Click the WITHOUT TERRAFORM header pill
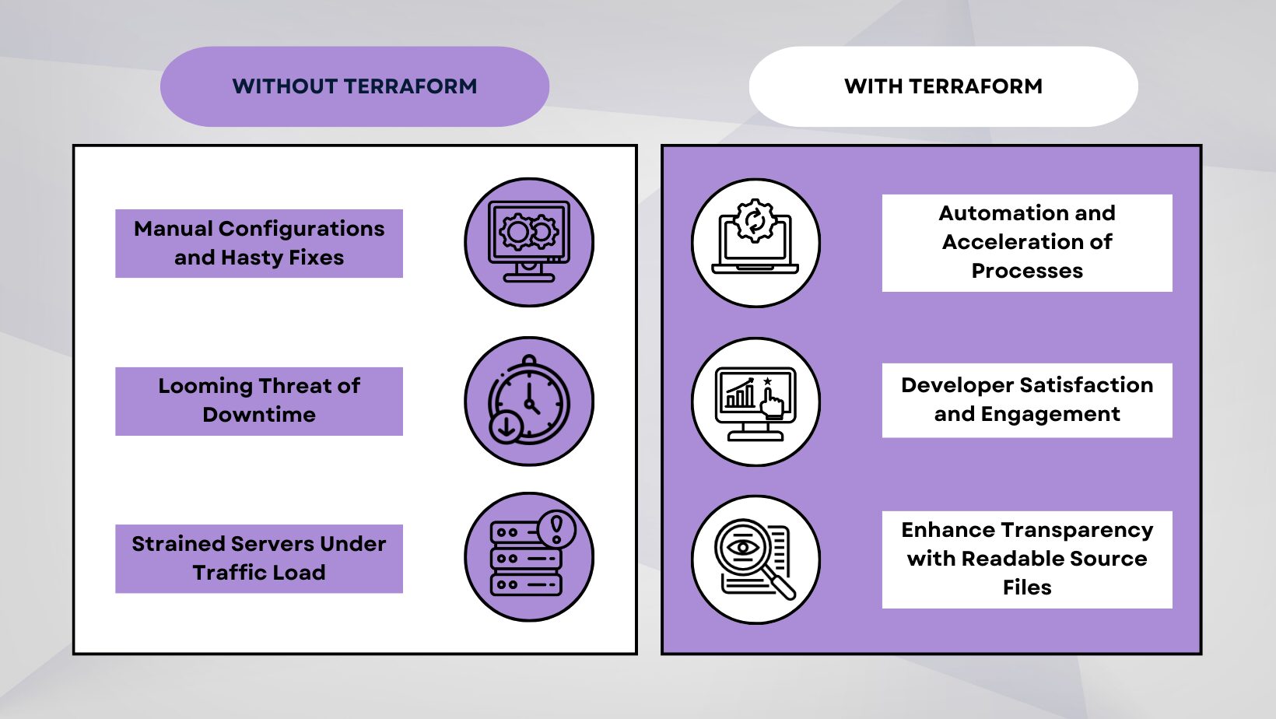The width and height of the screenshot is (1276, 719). click(x=354, y=86)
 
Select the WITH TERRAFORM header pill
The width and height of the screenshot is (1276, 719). click(x=943, y=86)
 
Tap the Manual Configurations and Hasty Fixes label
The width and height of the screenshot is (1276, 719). click(x=259, y=244)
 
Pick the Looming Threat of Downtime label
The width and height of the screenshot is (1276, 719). click(x=259, y=401)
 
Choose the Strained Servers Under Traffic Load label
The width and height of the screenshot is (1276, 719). click(x=259, y=559)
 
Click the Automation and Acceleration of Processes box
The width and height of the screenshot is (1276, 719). click(x=1027, y=243)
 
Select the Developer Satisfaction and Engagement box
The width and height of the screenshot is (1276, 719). click(x=1027, y=400)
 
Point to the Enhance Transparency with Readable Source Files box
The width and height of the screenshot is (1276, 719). click(x=1027, y=559)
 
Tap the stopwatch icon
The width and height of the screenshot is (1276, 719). click(x=529, y=401)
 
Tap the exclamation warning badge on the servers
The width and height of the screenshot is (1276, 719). click(x=556, y=529)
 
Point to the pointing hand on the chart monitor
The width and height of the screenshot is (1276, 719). click(x=773, y=404)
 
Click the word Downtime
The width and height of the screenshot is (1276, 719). click(x=259, y=415)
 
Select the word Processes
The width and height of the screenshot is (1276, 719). click(x=1027, y=272)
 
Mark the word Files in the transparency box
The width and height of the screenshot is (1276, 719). click(x=1027, y=587)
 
